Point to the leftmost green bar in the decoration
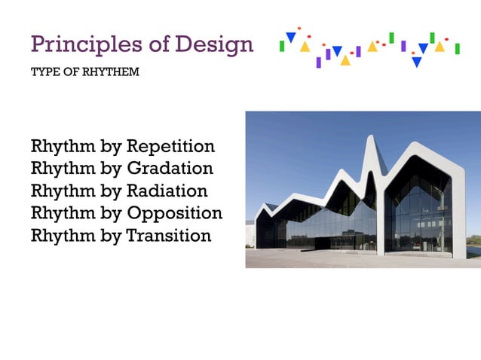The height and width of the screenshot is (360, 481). pos(282,46)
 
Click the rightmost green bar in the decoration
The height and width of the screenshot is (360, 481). pos(457,49)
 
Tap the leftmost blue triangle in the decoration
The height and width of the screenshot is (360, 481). pos(290,37)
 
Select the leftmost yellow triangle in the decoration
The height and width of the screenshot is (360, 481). pos(305,47)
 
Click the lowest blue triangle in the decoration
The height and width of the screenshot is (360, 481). pos(416,63)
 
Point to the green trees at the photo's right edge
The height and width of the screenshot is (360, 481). pos(474,248)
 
